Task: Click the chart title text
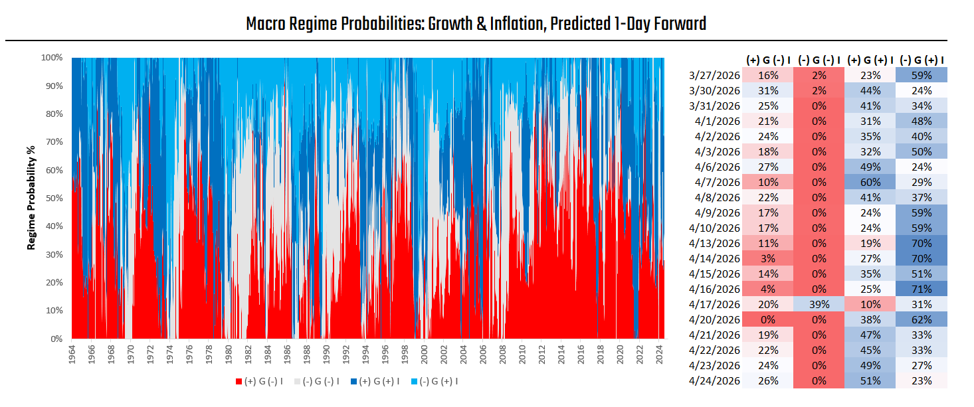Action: coord(476,25)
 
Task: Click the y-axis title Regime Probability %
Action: coord(31,199)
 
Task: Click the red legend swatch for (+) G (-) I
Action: coord(239,381)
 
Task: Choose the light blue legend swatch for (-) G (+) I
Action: coord(409,381)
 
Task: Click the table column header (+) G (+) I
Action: coord(870,60)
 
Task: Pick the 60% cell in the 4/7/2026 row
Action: coord(870,181)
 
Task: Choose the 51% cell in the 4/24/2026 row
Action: coord(870,380)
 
